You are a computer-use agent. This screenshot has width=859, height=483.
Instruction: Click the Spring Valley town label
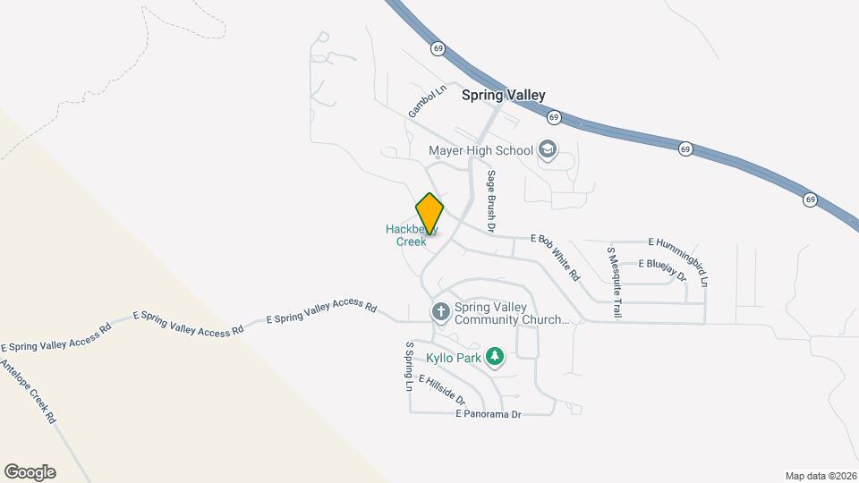pyautogui.click(x=503, y=95)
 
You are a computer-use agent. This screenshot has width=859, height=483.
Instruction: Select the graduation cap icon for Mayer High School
pyautogui.click(x=548, y=149)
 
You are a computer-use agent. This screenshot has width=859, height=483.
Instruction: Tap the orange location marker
pyautogui.click(x=429, y=215)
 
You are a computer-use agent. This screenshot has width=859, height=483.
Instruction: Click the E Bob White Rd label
pyautogui.click(x=556, y=257)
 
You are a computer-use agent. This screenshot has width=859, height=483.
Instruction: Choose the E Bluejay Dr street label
pyautogui.click(x=662, y=270)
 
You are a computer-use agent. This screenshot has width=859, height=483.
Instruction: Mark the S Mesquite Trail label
pyautogui.click(x=615, y=283)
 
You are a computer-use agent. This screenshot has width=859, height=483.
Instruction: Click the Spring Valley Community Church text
pyautogui.click(x=512, y=312)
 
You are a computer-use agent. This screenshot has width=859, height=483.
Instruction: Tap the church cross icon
pyautogui.click(x=440, y=312)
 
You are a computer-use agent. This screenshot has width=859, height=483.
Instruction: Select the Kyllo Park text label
pyautogui.click(x=453, y=358)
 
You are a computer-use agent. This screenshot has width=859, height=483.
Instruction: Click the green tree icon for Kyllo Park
pyautogui.click(x=495, y=358)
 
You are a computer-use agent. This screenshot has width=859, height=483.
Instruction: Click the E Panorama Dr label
pyautogui.click(x=488, y=414)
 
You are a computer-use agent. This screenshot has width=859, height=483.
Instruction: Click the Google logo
pyautogui.click(x=30, y=472)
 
